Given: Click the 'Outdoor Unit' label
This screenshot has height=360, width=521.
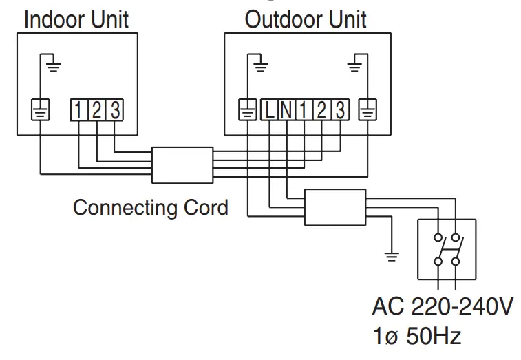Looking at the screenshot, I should [306, 19].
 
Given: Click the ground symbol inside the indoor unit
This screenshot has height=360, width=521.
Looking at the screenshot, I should [53, 66].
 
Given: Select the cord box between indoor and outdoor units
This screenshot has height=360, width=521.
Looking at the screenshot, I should [182, 165].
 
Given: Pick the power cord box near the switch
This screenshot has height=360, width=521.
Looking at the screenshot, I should [335, 208].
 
